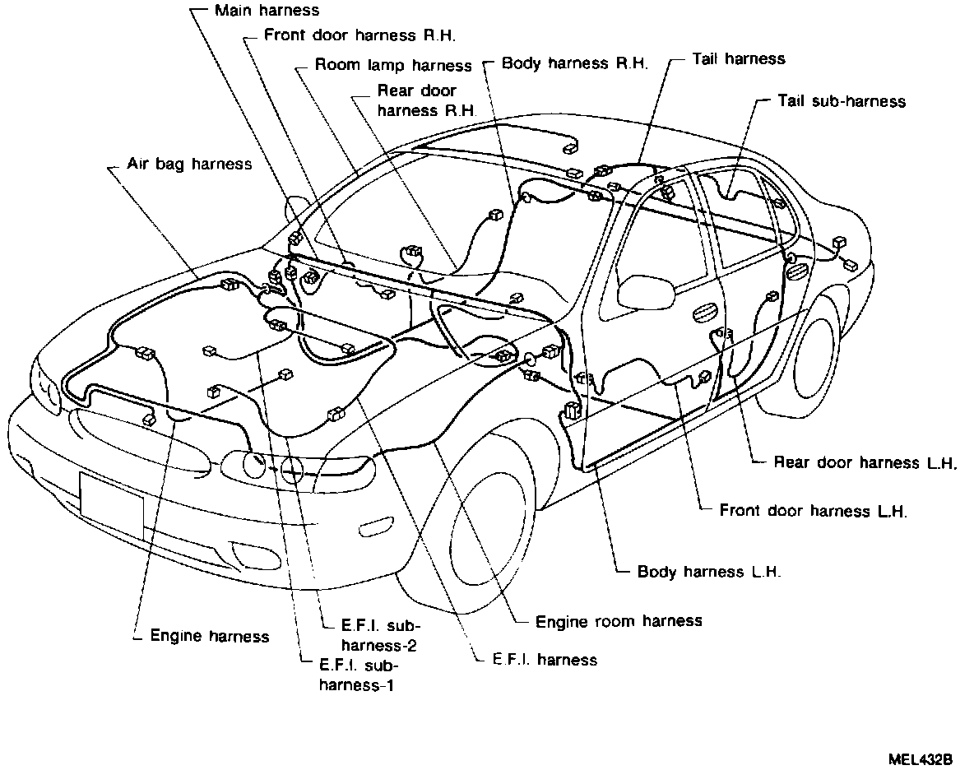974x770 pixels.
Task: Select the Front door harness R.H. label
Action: point(360,35)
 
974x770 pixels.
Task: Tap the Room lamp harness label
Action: point(394,65)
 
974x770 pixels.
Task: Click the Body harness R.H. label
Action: point(575,63)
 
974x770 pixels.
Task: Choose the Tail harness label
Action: point(738,58)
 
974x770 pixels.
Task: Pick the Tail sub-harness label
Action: point(841,101)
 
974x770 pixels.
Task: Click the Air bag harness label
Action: point(189,164)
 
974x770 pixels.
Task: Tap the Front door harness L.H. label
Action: point(813,511)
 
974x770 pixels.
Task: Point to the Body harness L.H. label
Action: point(709,572)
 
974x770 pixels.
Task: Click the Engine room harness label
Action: point(619,620)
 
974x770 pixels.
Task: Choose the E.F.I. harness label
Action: point(545,659)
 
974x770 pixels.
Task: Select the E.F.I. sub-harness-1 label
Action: point(359,675)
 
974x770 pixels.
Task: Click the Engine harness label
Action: point(209,636)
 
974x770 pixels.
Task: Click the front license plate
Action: point(111,503)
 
